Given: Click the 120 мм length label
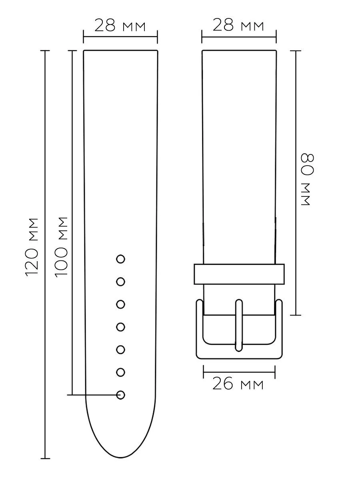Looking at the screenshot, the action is point(32,247).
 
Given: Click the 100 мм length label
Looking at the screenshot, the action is point(61,247).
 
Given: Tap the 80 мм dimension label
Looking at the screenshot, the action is point(308,179).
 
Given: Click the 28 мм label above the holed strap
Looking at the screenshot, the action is point(120,26).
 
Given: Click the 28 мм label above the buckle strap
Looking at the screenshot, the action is point(238,25).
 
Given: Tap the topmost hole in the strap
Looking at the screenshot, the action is point(121,259).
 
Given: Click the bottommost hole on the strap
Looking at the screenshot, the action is point(121,395).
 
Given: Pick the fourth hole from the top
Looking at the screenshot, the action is point(121,327).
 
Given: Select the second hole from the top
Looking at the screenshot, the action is point(121,282).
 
